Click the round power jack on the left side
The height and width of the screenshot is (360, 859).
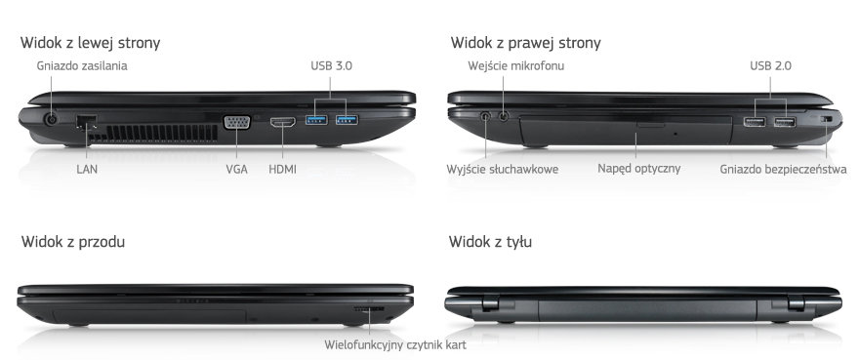[x=52, y=119]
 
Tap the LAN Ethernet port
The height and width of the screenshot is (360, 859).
[x=87, y=122]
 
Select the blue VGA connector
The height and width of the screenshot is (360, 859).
[x=236, y=122]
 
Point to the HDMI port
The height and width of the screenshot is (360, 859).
[x=283, y=122]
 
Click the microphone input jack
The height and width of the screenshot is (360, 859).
[x=504, y=116]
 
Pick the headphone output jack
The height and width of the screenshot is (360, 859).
[x=486, y=116]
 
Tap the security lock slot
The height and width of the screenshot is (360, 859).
[x=826, y=119]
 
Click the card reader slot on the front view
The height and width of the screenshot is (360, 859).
[x=369, y=309]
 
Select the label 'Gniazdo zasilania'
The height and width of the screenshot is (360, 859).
[x=82, y=66]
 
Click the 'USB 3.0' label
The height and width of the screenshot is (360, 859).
[x=332, y=66]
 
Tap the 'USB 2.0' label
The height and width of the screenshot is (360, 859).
[x=770, y=66]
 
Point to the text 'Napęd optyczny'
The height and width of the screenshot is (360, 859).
[x=638, y=168]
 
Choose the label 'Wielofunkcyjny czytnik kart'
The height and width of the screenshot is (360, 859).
[x=395, y=345]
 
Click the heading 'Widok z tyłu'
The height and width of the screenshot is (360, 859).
[x=490, y=242]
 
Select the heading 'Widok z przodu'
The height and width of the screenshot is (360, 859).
[x=73, y=242]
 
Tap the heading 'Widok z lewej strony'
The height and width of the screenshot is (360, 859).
[x=91, y=43]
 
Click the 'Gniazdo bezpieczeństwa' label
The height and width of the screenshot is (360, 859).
[x=784, y=170]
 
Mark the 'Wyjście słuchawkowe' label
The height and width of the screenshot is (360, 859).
[x=503, y=170]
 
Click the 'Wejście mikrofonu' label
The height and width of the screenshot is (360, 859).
[x=516, y=66]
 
